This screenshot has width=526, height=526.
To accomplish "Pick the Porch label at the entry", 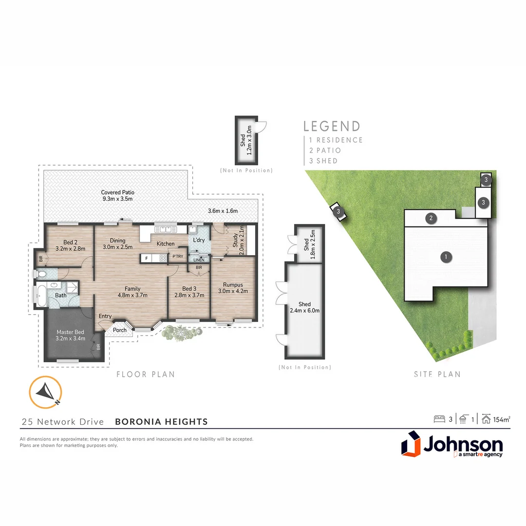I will pyautogui.click(x=120, y=330).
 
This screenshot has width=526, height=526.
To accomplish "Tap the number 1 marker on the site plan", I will pyautogui.click(x=445, y=257).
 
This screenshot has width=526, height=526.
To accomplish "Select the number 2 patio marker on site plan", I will pyautogui.click(x=431, y=218).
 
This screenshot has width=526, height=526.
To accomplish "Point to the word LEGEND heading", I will pyautogui.click(x=332, y=127).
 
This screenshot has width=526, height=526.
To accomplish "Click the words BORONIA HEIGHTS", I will pyautogui.click(x=161, y=422).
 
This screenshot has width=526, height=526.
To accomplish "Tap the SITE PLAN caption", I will pyautogui.click(x=437, y=374).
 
